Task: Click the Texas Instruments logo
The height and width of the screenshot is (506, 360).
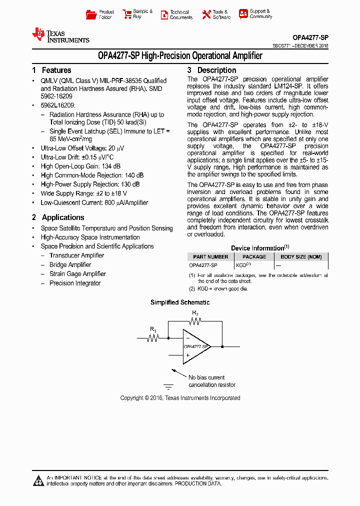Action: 60,35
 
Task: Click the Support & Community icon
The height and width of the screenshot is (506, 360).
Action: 243,14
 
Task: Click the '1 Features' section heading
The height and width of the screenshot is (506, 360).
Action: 51,70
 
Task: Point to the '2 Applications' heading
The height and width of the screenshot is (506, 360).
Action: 58,217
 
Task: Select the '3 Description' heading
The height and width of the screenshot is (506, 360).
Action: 211,70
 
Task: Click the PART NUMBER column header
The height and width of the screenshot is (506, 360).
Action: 210,256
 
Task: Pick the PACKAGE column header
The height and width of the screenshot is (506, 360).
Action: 254,256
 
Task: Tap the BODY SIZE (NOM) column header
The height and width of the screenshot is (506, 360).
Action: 301,256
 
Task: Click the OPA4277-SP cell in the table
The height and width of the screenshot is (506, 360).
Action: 203,265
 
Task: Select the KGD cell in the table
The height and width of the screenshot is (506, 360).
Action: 243,265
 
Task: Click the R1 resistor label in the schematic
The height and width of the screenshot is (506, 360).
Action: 153,330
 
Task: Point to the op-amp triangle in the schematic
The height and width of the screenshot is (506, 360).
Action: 195,346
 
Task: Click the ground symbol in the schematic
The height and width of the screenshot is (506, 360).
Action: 168,386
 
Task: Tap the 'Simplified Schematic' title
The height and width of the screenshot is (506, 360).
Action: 180,302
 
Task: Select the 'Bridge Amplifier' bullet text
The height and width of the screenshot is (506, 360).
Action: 70,265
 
